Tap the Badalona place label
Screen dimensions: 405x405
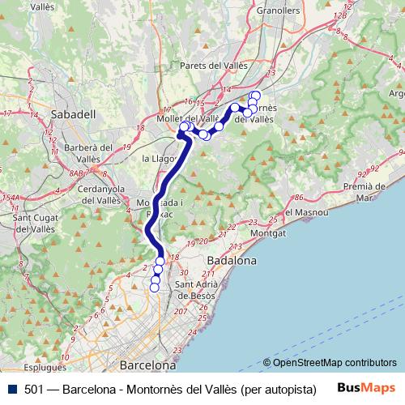pos(232,261)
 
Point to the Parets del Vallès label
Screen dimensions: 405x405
pos(214,66)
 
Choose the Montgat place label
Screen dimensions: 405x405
pos(270,232)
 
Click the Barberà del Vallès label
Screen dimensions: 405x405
pos(81,153)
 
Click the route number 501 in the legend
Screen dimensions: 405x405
pos(34,389)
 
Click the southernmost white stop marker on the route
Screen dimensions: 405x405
pos(155,287)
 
